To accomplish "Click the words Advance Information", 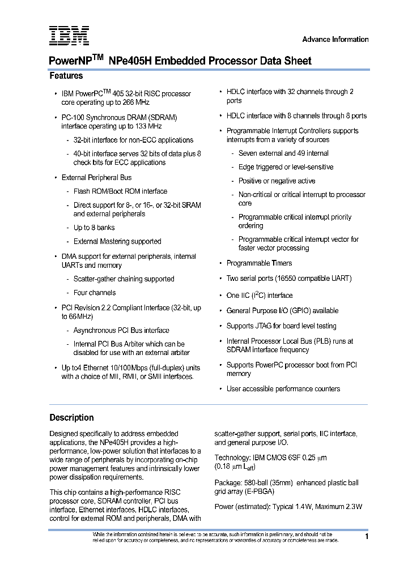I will pyautogui.click(x=335, y=39).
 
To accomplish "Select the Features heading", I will pyautogui.click(x=66, y=76).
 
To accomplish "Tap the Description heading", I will pyautogui.click(x=71, y=418).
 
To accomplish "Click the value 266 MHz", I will pyautogui.click(x=134, y=102).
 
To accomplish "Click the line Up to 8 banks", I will pyautogui.click(x=94, y=228).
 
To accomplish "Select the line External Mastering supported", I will pyautogui.click(x=117, y=241).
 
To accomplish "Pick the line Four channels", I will pyautogui.click(x=95, y=293).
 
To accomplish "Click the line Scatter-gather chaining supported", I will pyautogui.click(x=124, y=279).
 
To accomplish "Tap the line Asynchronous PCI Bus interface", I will pyautogui.click(x=121, y=330).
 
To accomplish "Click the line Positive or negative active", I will pyautogui.click(x=277, y=181).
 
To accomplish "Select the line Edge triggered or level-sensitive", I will pyautogui.click(x=286, y=167).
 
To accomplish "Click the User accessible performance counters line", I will pyautogui.click(x=283, y=389).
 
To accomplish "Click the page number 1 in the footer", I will pyautogui.click(x=367, y=536).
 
